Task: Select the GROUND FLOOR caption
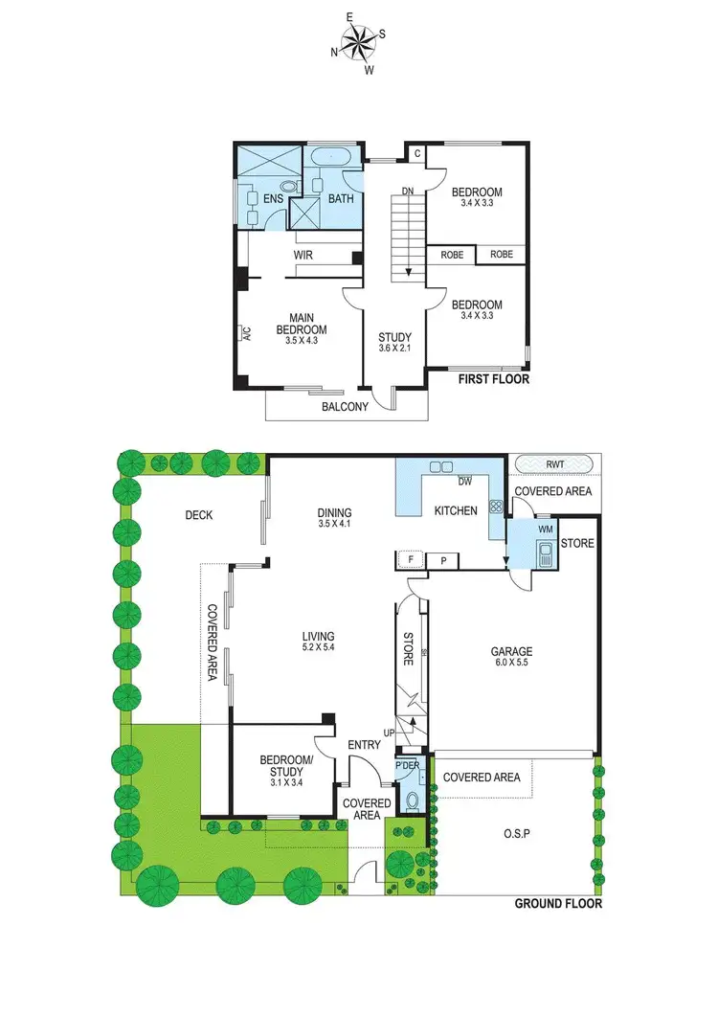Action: pyautogui.click(x=558, y=903)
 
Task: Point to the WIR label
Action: pyautogui.click(x=303, y=256)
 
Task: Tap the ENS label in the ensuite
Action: pyautogui.click(x=272, y=199)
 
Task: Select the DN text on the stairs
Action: pyautogui.click(x=407, y=192)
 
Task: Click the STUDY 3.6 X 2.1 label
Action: pyautogui.click(x=394, y=343)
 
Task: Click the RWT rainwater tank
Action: pyautogui.click(x=554, y=463)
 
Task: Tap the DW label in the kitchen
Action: pyautogui.click(x=465, y=482)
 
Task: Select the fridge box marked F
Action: pyautogui.click(x=410, y=560)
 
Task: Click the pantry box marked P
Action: pyautogui.click(x=443, y=560)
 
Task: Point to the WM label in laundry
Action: pyautogui.click(x=547, y=528)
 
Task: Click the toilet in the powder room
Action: pyautogui.click(x=413, y=801)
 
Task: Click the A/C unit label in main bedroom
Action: pyautogui.click(x=245, y=333)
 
